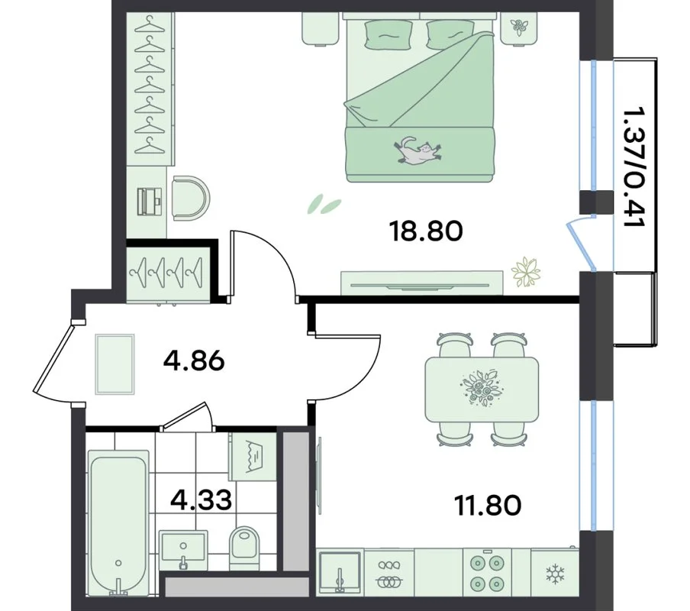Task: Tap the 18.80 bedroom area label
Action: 427,231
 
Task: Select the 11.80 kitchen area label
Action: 488,506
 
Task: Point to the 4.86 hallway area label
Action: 194,362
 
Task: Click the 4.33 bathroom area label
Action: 201,500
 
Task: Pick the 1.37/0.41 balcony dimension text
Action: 634,166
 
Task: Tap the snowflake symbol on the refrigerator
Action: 555,574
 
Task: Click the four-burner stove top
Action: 487,574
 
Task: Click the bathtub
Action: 118,522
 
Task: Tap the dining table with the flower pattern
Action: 482,390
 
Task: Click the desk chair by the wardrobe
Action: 191,198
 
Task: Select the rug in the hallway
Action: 114,364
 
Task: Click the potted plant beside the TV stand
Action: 525,272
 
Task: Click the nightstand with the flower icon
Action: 519,27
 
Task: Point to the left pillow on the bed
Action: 388,35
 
